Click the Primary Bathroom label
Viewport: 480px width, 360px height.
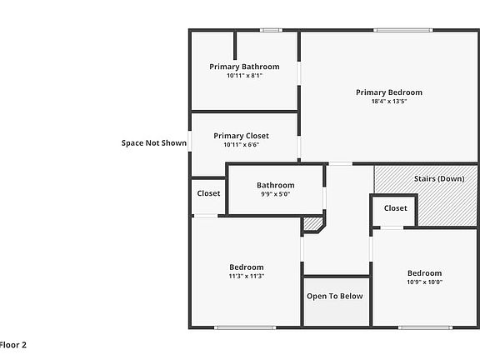click(x=244, y=67)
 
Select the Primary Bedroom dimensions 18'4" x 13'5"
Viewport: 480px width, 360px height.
click(x=388, y=102)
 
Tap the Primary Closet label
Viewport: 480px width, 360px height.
click(x=241, y=136)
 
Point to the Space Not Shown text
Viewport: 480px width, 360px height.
click(x=154, y=142)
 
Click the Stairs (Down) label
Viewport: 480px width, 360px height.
click(x=439, y=178)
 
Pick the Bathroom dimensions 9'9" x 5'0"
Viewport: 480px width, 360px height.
click(x=275, y=194)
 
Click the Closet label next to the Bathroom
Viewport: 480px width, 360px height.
click(x=208, y=193)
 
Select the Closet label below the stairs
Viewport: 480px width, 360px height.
click(x=395, y=208)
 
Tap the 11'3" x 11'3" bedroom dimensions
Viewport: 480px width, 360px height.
click(x=246, y=276)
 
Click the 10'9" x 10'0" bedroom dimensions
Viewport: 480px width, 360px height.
click(x=424, y=282)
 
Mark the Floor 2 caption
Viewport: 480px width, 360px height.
click(x=12, y=344)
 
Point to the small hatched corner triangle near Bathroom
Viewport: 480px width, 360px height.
click(x=314, y=223)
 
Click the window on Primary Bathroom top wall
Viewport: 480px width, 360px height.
click(x=270, y=31)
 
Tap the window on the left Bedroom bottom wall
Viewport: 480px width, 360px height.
click(x=245, y=327)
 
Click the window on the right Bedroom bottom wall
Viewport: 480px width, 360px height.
click(x=425, y=327)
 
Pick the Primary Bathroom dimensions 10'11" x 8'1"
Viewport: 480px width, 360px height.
click(x=244, y=76)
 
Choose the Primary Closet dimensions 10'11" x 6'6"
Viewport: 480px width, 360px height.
click(x=241, y=145)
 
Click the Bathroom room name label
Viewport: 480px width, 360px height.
click(x=275, y=185)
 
